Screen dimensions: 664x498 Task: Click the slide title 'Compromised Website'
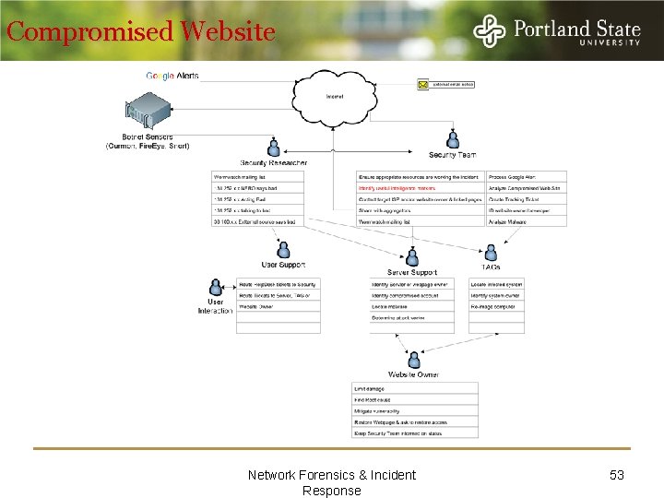(x=140, y=32)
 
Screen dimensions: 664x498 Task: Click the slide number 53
(x=617, y=475)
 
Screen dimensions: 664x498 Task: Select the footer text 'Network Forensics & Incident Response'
(x=332, y=482)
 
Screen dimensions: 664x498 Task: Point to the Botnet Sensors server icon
(x=148, y=114)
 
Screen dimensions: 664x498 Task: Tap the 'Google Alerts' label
(x=172, y=76)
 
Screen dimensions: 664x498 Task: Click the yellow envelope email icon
(x=423, y=85)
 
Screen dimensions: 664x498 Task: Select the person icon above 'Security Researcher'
(x=273, y=148)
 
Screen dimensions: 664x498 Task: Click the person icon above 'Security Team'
(x=453, y=139)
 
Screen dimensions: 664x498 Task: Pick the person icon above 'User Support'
(x=284, y=250)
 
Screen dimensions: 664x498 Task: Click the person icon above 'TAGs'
(x=491, y=251)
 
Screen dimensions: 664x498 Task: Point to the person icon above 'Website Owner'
(x=414, y=359)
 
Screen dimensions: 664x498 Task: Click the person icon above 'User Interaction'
(x=215, y=287)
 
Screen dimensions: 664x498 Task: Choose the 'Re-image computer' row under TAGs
(x=496, y=306)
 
